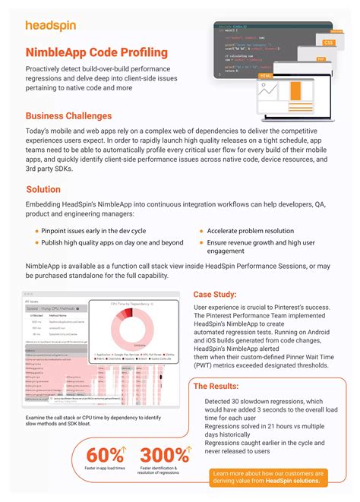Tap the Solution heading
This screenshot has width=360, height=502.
coord(43,189)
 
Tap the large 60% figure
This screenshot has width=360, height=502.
coord(105,456)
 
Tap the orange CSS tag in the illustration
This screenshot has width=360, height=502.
coord(328,43)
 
